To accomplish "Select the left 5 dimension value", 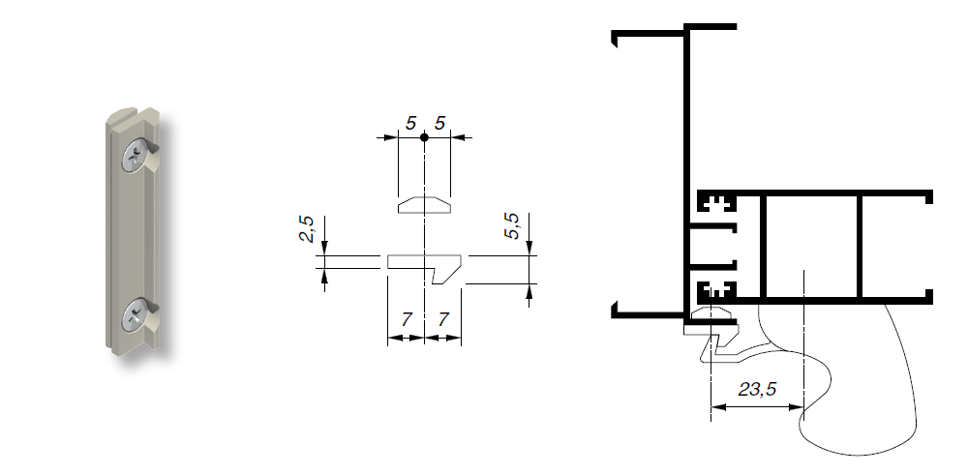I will click(x=411, y=124).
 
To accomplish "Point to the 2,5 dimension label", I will click(x=307, y=231).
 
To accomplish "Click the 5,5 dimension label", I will click(x=514, y=228).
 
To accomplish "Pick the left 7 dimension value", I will click(x=406, y=319).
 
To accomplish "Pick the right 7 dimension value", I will click(x=442, y=319).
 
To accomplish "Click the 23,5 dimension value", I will click(x=758, y=391).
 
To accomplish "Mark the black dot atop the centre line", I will click(x=425, y=138).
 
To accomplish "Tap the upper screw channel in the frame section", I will click(x=716, y=204).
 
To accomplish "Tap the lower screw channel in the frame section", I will click(x=716, y=288).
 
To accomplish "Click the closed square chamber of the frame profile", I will click(x=810, y=246).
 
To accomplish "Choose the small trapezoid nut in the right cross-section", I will click(x=714, y=315).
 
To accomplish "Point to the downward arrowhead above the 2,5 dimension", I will click(x=324, y=250).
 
